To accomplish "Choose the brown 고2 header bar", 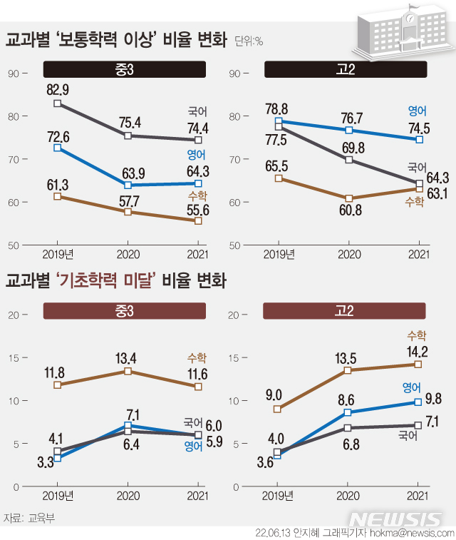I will [345, 311].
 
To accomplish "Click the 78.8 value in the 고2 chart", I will [276, 108].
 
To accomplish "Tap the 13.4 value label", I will [128, 357].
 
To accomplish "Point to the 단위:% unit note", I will [249, 41].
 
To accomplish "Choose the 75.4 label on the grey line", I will [128, 121].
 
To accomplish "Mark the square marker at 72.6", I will [58, 148].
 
